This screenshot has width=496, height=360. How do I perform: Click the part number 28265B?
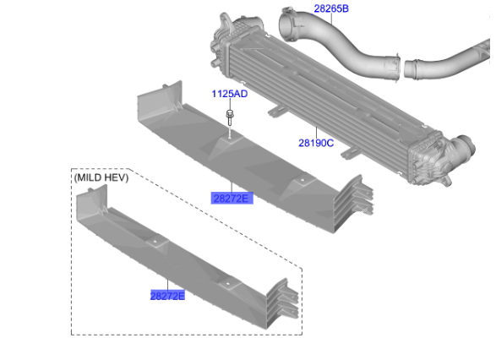pos(330,9)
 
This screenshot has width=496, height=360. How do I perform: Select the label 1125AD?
pos(229,94)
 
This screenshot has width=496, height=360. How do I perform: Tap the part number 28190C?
pos(315,143)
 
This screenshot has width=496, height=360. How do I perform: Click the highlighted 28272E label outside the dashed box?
pos(232,198)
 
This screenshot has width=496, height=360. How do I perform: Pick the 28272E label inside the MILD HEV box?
pos(167,297)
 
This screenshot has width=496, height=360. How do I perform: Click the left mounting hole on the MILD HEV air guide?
pos(157,243)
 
